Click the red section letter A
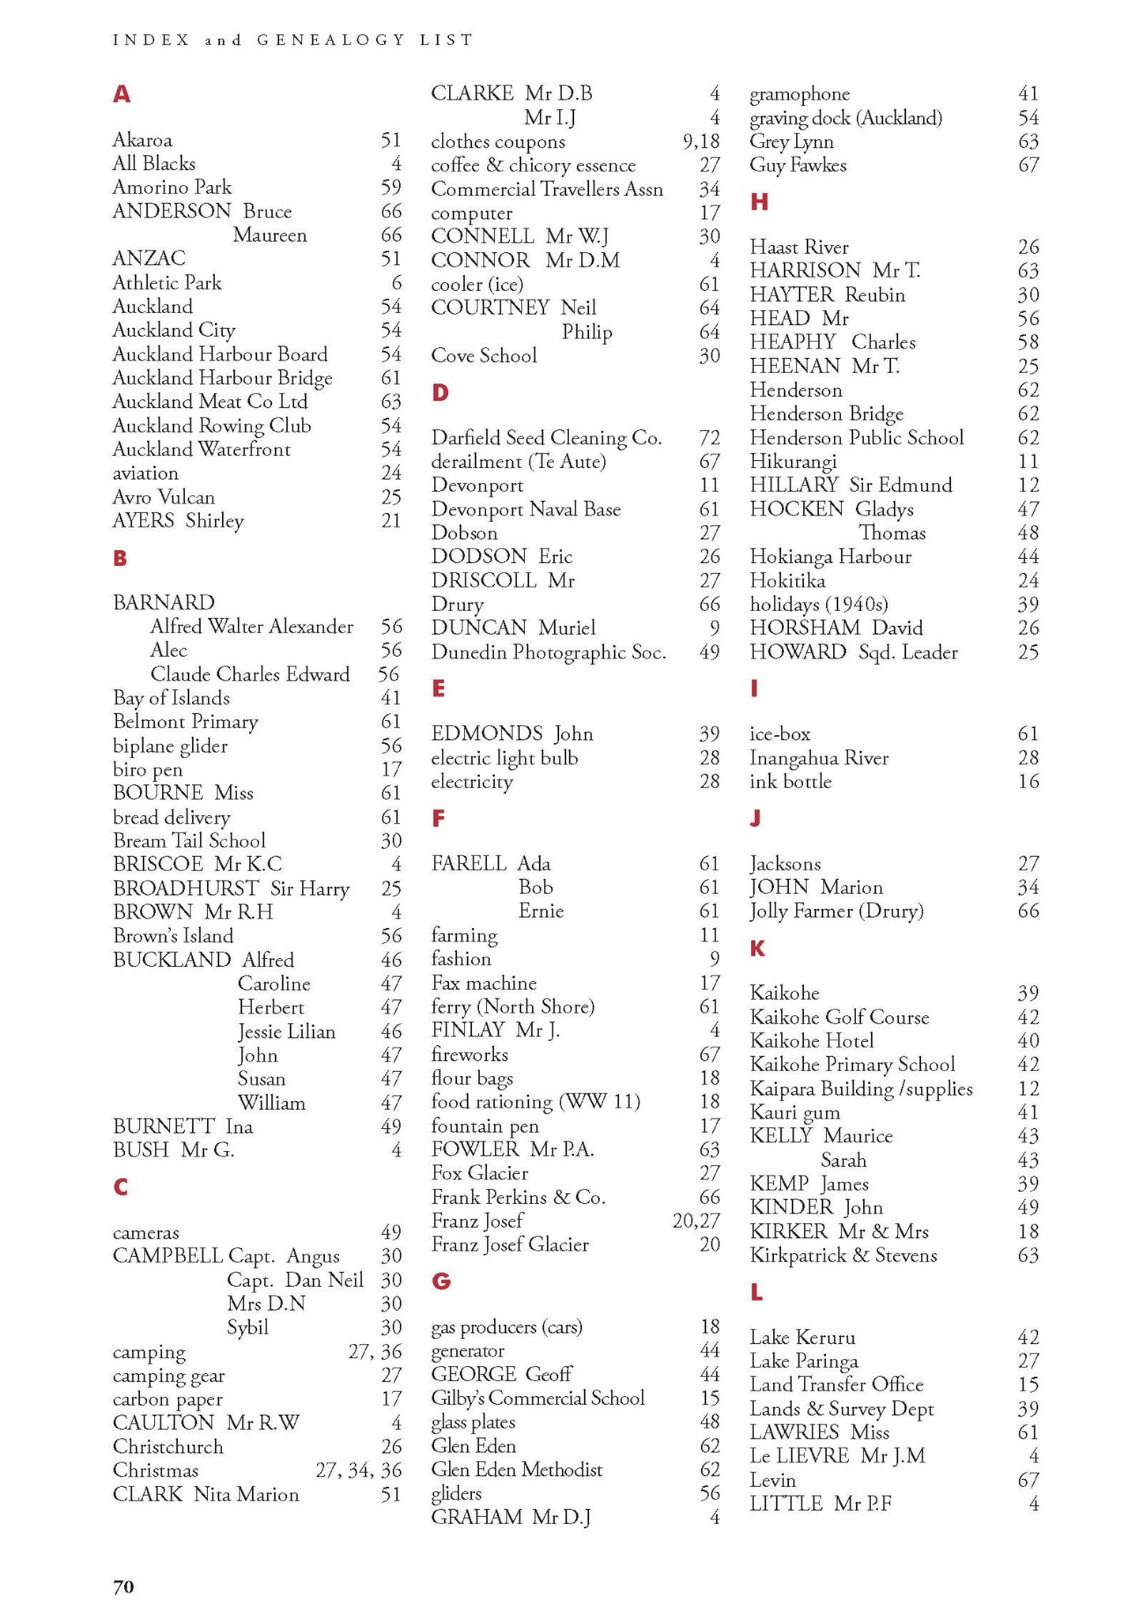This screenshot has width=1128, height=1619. (121, 95)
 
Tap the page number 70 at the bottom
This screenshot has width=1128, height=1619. (123, 1587)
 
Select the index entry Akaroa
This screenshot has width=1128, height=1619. (142, 141)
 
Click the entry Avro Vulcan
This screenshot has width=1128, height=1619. (164, 497)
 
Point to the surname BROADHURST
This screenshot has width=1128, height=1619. (186, 889)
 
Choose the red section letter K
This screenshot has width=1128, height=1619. (757, 949)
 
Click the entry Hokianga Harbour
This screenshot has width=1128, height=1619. (830, 557)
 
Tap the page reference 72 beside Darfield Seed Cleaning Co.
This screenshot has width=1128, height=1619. (709, 438)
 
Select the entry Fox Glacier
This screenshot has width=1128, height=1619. (479, 1173)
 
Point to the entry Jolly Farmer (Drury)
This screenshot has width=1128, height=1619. (836, 911)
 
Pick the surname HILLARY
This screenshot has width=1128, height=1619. (794, 485)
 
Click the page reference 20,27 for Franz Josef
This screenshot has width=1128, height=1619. (696, 1221)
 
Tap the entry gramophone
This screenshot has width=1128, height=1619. (799, 95)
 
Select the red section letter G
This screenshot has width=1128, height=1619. (441, 1281)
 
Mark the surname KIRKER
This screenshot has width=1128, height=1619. (788, 1232)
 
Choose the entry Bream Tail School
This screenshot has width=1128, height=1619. (189, 841)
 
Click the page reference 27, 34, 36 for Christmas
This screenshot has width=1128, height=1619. (358, 1470)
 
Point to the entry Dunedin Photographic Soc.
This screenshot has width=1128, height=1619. (549, 653)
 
